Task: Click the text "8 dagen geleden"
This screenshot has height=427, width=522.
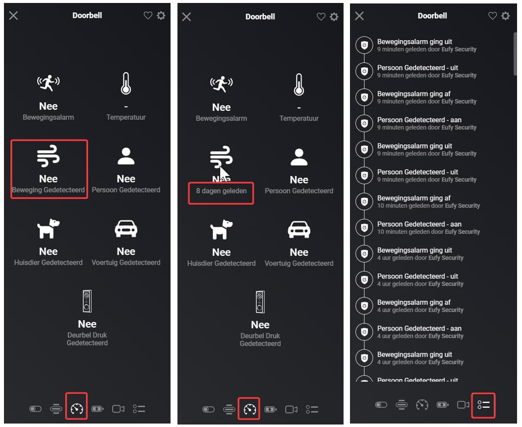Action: coord(221,191)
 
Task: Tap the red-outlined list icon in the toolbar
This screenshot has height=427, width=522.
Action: coord(483,405)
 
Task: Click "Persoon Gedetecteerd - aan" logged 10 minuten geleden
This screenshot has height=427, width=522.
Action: coord(419,224)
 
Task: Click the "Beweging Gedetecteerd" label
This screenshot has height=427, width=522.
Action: coord(48,190)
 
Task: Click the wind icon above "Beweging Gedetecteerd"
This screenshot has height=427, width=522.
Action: coord(48,156)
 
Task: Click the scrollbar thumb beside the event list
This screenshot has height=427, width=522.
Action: coord(515,54)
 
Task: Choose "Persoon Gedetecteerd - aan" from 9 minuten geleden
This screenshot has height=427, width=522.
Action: coord(419,120)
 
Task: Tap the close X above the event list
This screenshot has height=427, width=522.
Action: coord(359,16)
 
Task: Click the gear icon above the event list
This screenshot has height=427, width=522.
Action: coord(505,16)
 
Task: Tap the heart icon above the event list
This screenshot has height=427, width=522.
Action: coord(492,16)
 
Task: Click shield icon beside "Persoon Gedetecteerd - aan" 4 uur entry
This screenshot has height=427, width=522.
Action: coord(364,332)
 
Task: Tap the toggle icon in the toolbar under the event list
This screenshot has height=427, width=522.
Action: coord(381,405)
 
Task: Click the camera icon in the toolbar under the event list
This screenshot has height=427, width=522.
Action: coord(463,405)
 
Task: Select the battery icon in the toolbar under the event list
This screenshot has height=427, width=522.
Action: coord(442,405)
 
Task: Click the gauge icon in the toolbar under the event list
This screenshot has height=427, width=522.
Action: coord(422,405)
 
